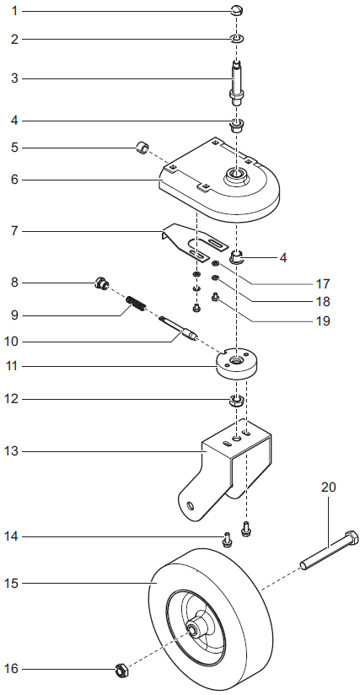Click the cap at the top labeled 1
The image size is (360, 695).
(238, 11)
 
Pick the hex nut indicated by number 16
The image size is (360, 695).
(121, 671)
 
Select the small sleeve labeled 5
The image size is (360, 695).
(143, 149)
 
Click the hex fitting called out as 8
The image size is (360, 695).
(102, 284)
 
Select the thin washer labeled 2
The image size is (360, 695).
(239, 40)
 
